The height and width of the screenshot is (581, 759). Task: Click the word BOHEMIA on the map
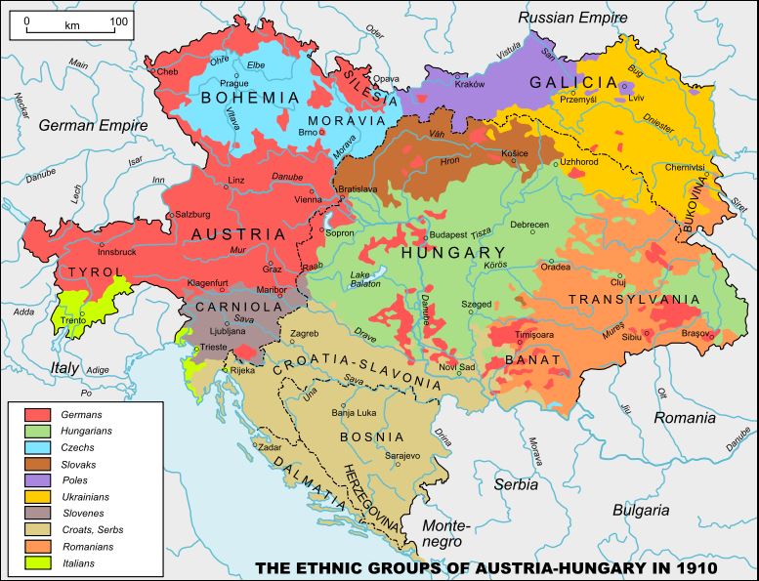[249, 98]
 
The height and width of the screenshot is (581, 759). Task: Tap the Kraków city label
[470, 85]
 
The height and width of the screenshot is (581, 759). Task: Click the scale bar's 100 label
[118, 21]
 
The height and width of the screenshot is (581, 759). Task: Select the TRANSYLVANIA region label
[634, 300]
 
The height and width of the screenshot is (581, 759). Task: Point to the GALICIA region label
[573, 82]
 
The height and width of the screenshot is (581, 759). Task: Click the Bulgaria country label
[640, 510]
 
